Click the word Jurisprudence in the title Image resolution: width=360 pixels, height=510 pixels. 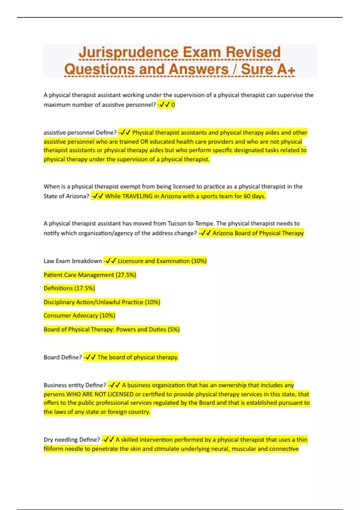pos(128,52)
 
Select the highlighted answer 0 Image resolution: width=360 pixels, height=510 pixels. pos(173,105)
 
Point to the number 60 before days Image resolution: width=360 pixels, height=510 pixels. pos(247,196)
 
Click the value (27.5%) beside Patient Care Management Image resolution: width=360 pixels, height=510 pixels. pos(126,275)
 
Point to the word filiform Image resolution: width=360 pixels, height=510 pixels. pos(53,449)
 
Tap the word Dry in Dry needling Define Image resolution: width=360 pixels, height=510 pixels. pos(48,440)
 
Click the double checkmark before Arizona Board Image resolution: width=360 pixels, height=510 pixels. pos(206,233)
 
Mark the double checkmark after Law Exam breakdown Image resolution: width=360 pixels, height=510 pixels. pos(111,261)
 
